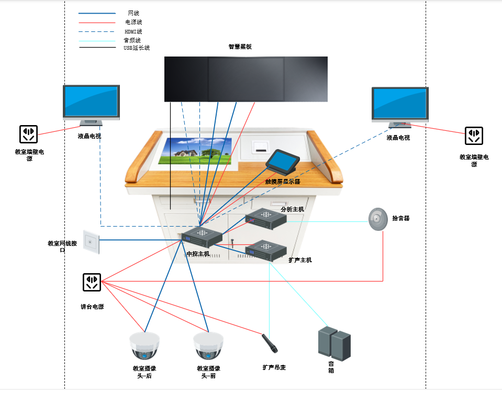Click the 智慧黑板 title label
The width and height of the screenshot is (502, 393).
240,47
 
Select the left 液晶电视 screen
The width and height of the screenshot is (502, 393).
91,102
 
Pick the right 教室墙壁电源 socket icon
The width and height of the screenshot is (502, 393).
474,136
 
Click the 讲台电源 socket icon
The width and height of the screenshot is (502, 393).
92,282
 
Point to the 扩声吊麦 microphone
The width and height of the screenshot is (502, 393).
270,344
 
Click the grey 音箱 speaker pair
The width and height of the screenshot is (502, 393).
333,343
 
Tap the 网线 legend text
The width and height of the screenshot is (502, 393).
133,13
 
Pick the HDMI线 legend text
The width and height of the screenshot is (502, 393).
133,31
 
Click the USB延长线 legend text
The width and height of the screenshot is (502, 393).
137,48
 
